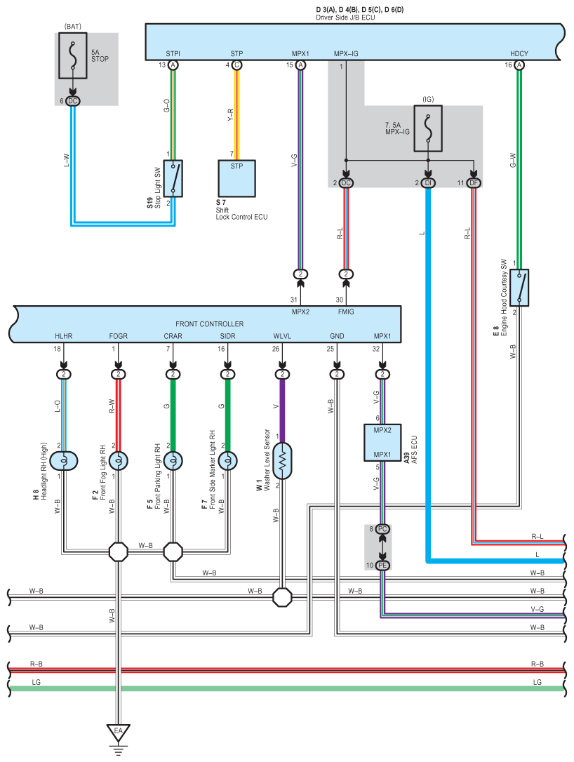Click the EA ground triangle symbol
point(118,734)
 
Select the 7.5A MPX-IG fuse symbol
point(428,128)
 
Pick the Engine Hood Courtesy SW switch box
point(519,288)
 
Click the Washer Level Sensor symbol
point(282,461)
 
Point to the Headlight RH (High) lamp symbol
point(64,461)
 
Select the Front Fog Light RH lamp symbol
point(118,461)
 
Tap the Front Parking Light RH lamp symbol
point(173,461)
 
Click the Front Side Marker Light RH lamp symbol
point(227,461)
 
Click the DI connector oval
point(428,183)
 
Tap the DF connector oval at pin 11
point(475,183)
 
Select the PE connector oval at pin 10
point(382,565)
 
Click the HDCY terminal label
point(519,53)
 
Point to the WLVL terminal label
point(282,336)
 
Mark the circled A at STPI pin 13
point(173,65)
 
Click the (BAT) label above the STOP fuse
point(73,26)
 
